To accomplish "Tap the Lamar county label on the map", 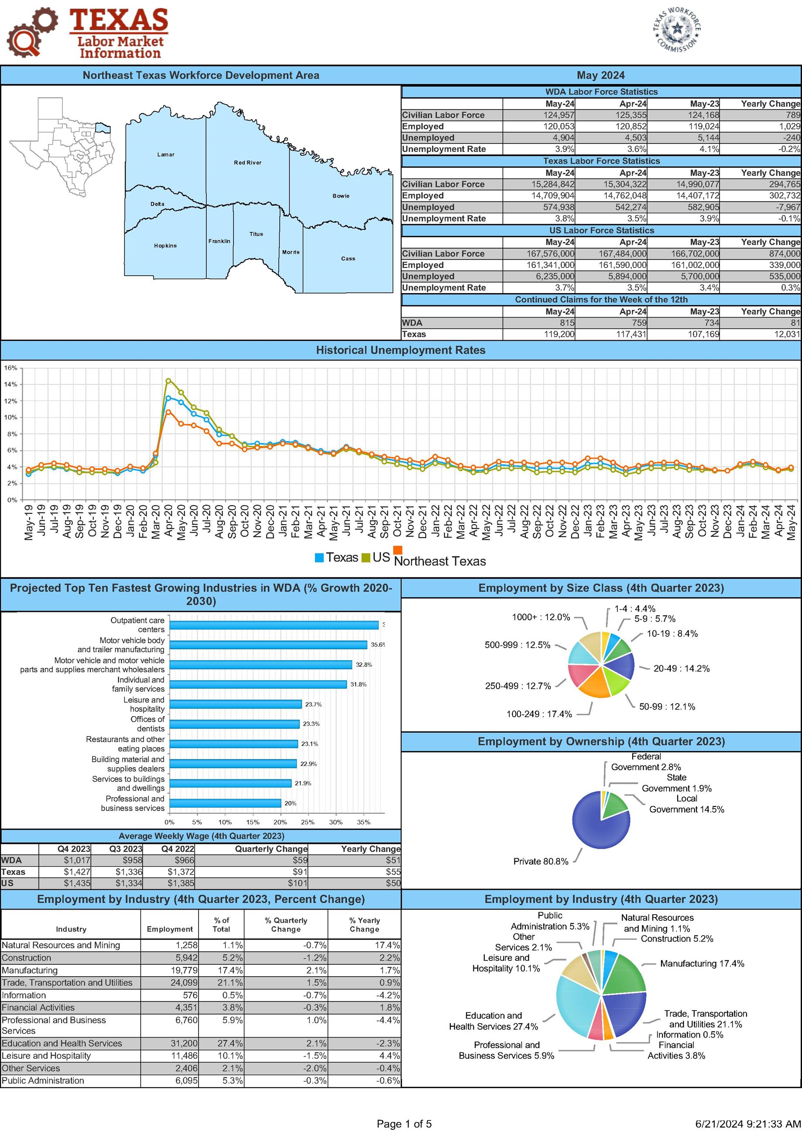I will click(165, 154).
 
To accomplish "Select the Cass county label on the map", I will click(348, 258).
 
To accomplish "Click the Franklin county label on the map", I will click(219, 241).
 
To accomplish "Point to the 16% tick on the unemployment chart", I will click(10, 368).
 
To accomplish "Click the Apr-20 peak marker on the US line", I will click(168, 381).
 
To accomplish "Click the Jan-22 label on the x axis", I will click(435, 522).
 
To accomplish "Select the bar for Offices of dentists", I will click(234, 724).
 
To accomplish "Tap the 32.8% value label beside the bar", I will click(363, 665).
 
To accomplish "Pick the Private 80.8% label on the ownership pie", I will click(541, 861).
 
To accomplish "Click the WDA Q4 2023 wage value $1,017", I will click(77, 861).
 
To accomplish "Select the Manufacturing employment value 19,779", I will click(183, 970).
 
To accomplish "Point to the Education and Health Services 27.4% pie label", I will click(493, 1021).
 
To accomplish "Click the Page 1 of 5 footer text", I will click(404, 1124).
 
